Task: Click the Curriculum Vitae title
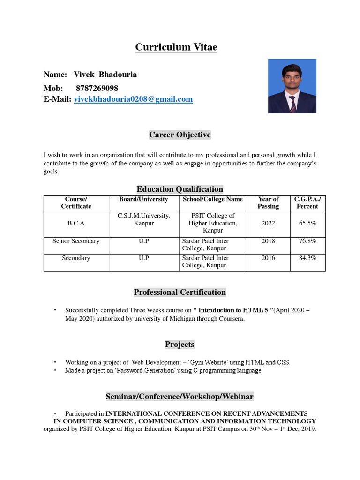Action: coord(176,47)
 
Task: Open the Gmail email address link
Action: coord(134,99)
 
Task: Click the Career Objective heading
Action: coord(180,135)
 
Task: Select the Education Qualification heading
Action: coord(180,189)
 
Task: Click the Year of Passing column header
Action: coord(268,203)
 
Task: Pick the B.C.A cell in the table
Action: coord(76,224)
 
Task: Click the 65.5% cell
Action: coord(307,224)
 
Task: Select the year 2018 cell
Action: coord(269,241)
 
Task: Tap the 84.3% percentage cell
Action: coord(307,258)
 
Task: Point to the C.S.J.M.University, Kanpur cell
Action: coord(143,219)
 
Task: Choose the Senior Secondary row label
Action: coord(76,241)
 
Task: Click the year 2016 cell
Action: coord(269,258)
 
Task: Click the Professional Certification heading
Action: coord(180,292)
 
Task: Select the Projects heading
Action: coord(180,345)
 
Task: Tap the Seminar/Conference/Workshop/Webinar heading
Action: coord(180,397)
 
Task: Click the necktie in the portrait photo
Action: coord(292,104)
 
